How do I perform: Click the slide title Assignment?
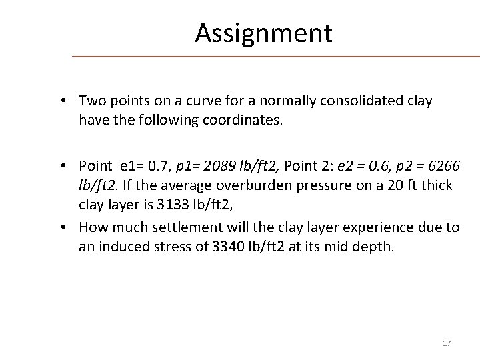pos(263,33)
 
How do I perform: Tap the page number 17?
pos(447,343)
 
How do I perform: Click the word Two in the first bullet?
pos(91,101)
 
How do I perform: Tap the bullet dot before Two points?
pos(61,101)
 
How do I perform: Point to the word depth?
pos(378,247)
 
